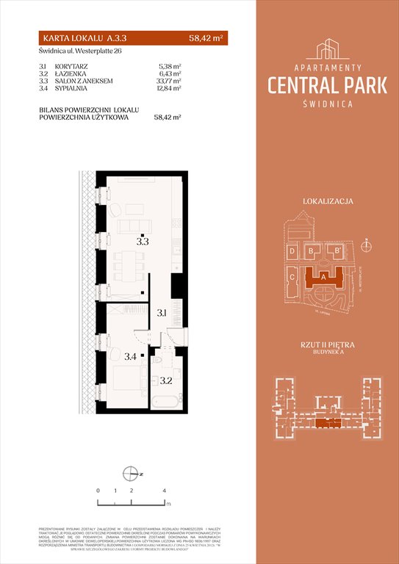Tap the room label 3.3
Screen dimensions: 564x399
click(x=142, y=240)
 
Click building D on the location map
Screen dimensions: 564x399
click(x=292, y=251)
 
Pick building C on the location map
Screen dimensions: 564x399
click(x=292, y=278)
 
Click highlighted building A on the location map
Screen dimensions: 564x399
click(x=323, y=277)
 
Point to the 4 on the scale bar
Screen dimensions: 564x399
click(x=165, y=490)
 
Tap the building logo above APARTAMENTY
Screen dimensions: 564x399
click(x=327, y=50)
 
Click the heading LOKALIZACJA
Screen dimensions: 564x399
click(x=328, y=200)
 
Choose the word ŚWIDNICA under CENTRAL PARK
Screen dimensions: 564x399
click(x=328, y=104)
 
